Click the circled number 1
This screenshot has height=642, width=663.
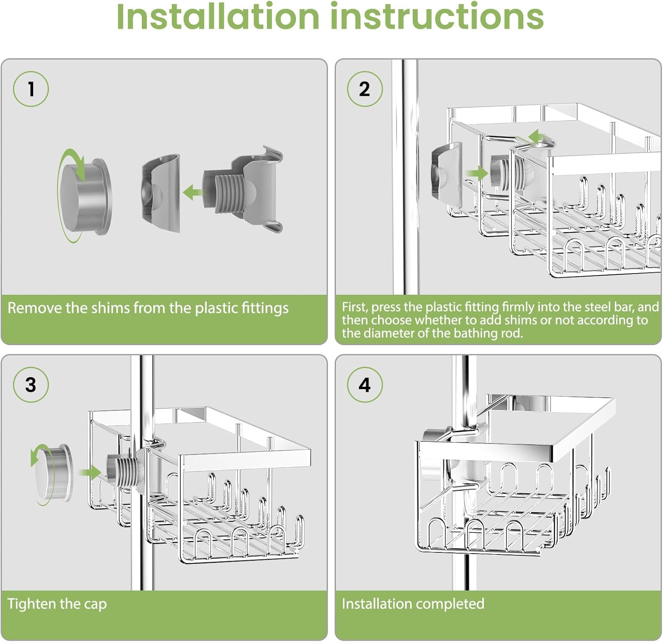tap(30, 89)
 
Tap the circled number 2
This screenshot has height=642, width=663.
tap(364, 89)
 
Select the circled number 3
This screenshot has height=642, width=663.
tap(30, 384)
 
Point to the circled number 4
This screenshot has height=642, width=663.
tap(364, 384)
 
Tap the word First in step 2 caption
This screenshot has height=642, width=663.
tap(354, 307)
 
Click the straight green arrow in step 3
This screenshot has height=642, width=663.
tap(90, 472)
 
